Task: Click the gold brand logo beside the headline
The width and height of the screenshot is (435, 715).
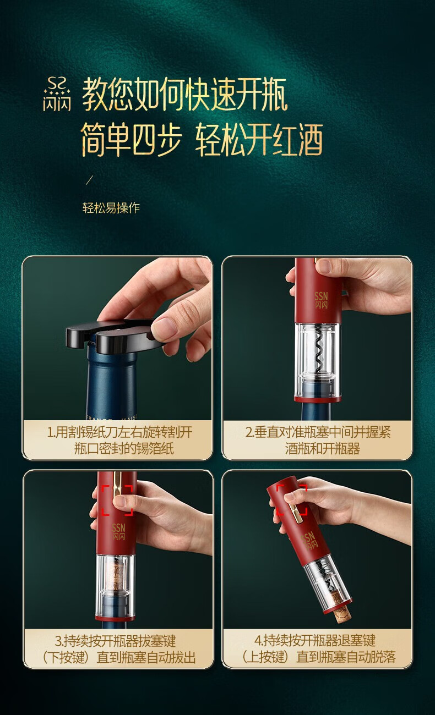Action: (x=57, y=94)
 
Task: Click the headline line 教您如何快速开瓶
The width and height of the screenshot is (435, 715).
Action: (x=185, y=95)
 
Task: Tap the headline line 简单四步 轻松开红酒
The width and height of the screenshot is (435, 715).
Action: (x=202, y=140)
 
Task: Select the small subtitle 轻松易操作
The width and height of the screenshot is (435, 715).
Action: (x=111, y=208)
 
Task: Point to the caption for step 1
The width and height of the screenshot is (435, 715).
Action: (x=119, y=440)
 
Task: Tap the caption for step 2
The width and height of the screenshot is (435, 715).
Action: (x=318, y=440)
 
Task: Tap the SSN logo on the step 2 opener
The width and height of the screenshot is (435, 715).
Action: (x=321, y=300)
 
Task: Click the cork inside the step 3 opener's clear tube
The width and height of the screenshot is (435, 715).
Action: (x=116, y=581)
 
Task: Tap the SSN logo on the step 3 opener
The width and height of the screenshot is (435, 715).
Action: (x=118, y=532)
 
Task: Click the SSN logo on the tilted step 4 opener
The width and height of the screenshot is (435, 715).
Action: (x=309, y=541)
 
